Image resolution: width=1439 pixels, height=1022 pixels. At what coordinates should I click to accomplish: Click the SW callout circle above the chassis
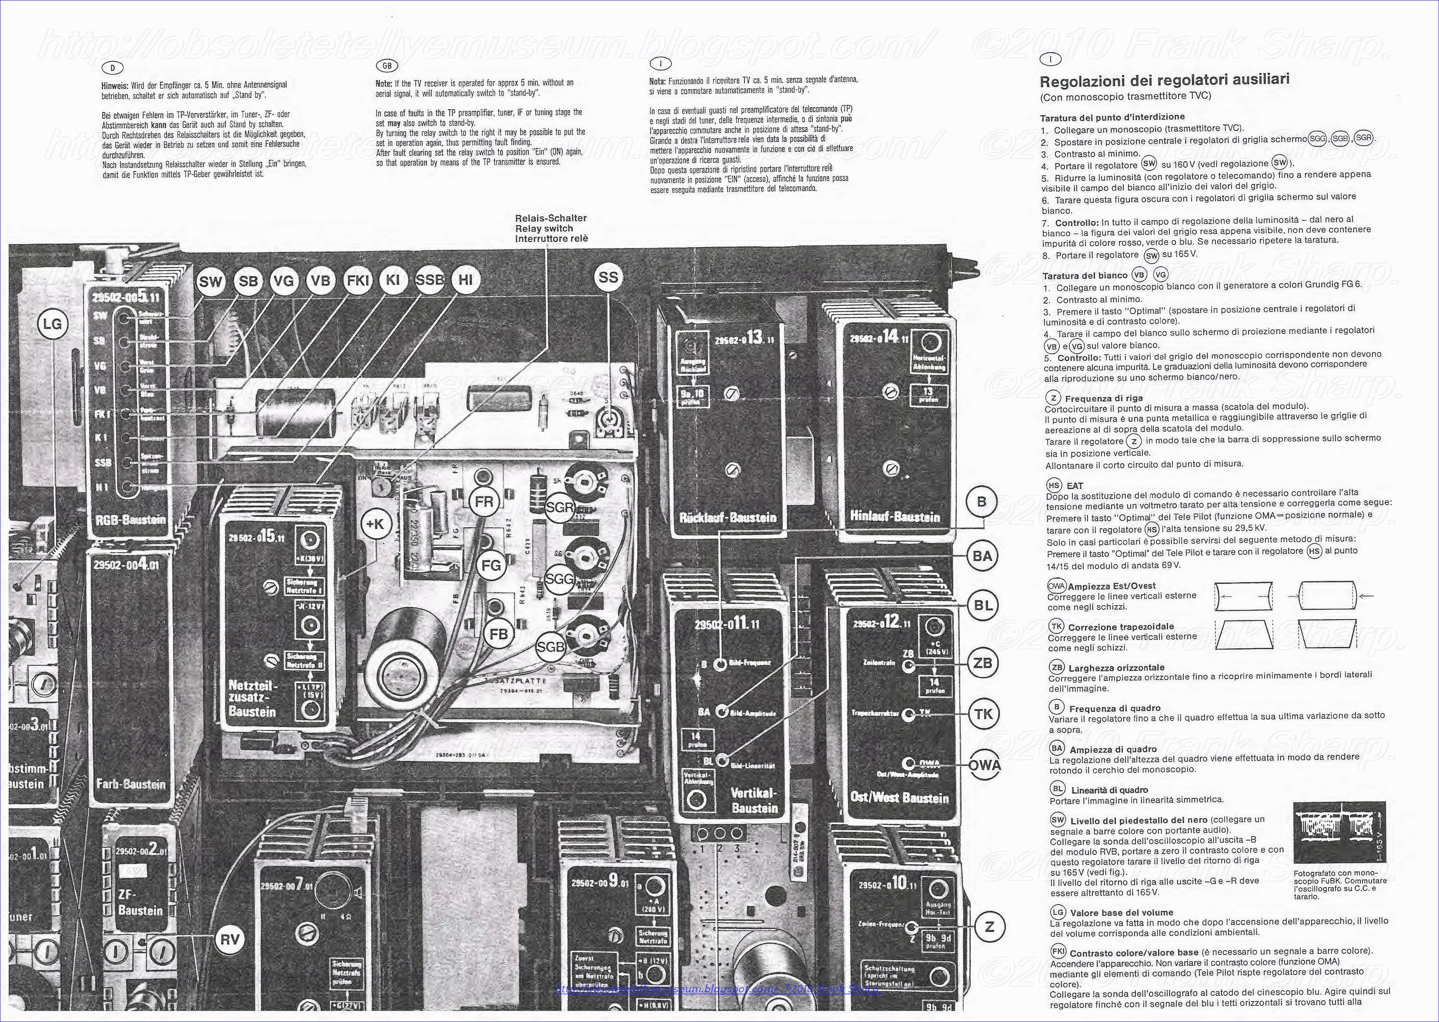(x=210, y=281)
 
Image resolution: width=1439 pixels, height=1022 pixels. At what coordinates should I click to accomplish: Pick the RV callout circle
(x=230, y=940)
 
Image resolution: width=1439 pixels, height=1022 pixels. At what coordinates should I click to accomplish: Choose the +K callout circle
(x=377, y=523)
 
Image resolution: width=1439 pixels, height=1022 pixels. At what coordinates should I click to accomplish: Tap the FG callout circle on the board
(x=491, y=565)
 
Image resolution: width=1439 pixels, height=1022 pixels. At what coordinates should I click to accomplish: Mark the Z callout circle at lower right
(x=990, y=926)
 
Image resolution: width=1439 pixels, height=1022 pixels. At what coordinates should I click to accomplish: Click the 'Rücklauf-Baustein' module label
(x=728, y=518)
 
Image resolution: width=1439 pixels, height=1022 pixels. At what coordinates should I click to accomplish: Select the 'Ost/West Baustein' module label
(x=899, y=798)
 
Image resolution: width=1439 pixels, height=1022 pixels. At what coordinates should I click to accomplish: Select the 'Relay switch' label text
(x=544, y=228)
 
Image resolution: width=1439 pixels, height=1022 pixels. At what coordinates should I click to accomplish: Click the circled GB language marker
(x=386, y=65)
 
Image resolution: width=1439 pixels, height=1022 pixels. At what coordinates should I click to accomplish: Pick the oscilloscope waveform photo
(x=1339, y=832)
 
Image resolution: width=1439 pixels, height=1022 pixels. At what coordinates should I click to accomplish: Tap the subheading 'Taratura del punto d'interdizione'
(x=1112, y=117)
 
